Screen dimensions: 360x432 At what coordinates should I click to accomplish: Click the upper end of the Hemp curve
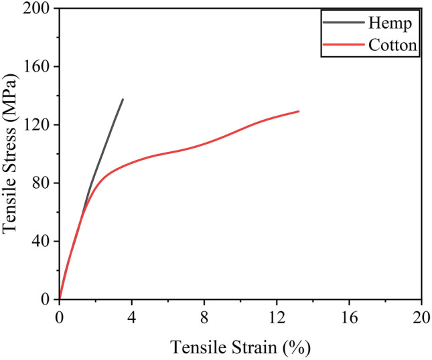point(123,99)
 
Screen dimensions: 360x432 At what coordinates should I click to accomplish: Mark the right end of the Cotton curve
point(298,111)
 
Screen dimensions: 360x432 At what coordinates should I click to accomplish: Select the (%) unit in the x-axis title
point(297,347)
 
